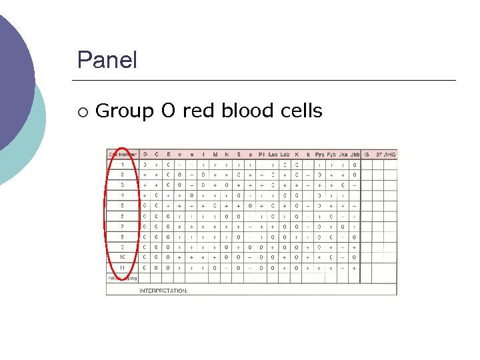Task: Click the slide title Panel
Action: coord(107,61)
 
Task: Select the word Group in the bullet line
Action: coord(123,111)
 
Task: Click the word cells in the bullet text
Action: coord(299,110)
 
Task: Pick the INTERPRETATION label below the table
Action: coord(163,291)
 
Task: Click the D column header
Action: coord(145,154)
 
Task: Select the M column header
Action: coord(215,154)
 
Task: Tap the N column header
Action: coord(227,154)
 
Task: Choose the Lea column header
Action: coord(273,154)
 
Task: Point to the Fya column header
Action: coord(319,154)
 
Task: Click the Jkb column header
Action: coord(355,154)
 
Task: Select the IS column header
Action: coord(367,154)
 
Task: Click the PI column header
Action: coord(261,154)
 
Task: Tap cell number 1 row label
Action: coord(122,164)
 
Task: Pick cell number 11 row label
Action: coord(122,268)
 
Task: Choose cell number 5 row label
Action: coord(122,205)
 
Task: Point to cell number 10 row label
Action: coord(122,257)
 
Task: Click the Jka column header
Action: coord(343,154)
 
